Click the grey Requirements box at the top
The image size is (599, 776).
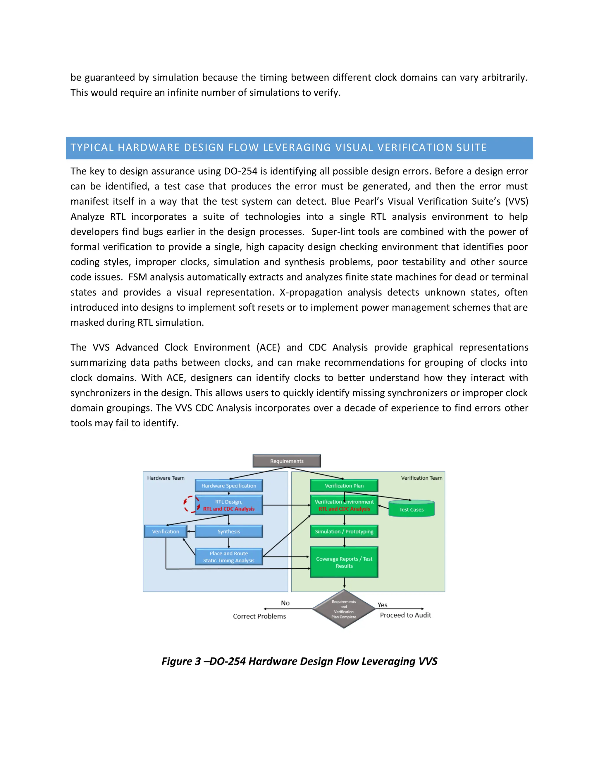[287, 461]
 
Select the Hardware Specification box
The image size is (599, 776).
[229, 486]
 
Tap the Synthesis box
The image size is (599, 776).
[229, 531]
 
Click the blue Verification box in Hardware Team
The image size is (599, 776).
[166, 531]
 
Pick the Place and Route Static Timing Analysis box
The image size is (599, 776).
[229, 557]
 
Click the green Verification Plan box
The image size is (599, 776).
[344, 486]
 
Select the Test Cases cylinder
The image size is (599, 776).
[412, 509]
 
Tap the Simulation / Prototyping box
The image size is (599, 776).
[344, 531]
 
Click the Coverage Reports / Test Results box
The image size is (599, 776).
[344, 562]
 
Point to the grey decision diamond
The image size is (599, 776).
[344, 609]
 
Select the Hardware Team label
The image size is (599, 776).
[166, 478]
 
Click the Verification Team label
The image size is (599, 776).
[421, 478]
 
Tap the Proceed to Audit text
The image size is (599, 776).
[405, 615]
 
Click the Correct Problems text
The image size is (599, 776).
[259, 616]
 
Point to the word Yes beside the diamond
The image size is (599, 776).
[382, 605]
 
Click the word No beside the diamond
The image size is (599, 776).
[285, 603]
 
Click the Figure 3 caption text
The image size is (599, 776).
[299, 661]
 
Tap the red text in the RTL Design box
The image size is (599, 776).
[229, 509]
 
